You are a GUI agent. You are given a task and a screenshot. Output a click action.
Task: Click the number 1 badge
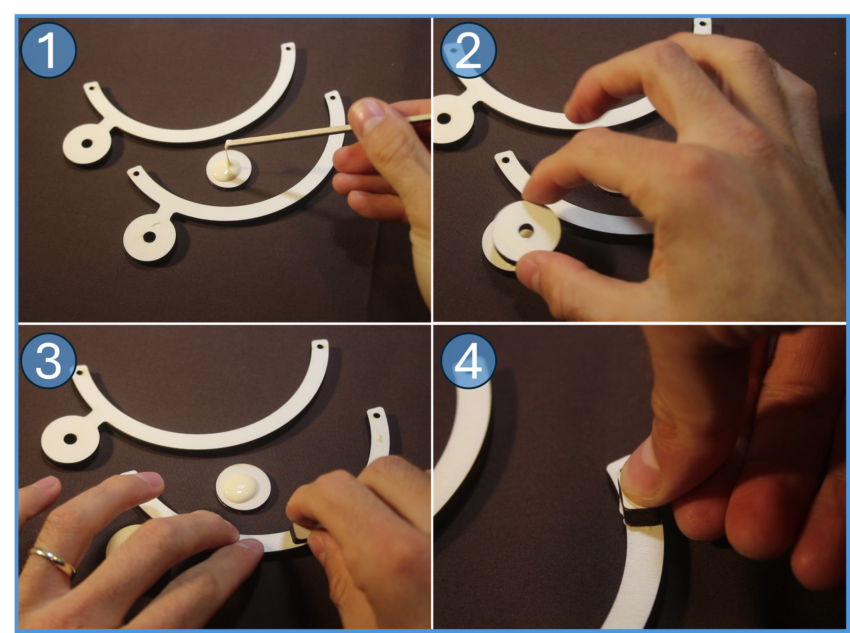point(48,50)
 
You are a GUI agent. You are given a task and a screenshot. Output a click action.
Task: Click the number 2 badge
point(468,50)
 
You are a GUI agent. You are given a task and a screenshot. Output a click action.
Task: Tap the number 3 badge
point(48,361)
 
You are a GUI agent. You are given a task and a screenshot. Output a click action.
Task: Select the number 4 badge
point(468,361)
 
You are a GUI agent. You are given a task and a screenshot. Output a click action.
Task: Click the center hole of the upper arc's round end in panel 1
point(87,144)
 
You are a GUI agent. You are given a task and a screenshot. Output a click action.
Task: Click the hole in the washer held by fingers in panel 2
point(525,231)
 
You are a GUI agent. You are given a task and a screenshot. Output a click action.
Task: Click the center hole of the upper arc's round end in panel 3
point(70,438)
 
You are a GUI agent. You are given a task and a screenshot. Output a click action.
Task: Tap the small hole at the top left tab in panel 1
point(92,87)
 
